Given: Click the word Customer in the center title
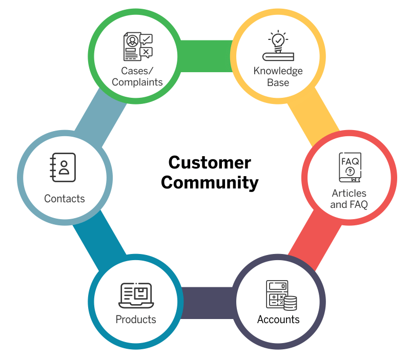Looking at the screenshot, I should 210,163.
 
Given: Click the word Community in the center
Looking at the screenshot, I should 210,182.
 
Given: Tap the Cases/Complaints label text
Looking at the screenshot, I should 137,76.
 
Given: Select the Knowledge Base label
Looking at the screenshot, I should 278,76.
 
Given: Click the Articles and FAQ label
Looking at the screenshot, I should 348,199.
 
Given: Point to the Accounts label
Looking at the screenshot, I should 278,320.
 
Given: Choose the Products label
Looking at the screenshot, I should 136,320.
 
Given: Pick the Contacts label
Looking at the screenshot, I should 65,199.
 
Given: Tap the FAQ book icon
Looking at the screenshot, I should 350,167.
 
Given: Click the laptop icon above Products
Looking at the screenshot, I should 136,295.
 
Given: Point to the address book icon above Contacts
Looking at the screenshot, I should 63,167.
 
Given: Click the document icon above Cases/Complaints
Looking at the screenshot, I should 137,46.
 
